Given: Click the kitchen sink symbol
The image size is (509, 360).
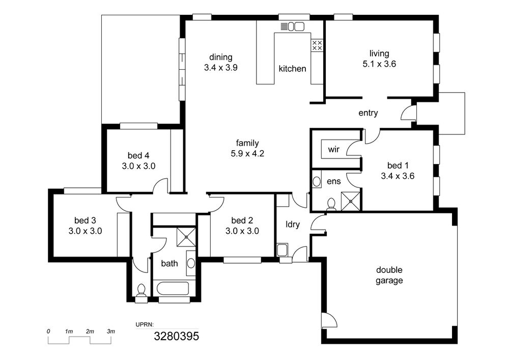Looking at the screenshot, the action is click(293, 26).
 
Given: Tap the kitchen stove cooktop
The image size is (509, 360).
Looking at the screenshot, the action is click(317, 45).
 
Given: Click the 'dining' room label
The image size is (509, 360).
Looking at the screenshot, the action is click(221, 57).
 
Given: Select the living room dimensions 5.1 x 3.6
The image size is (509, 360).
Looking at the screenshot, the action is click(379, 64).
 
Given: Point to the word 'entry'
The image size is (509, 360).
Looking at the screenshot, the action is click(368, 113).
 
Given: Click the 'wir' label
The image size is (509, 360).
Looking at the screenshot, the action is click(334, 149).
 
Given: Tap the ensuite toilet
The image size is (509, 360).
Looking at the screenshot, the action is click(331, 205).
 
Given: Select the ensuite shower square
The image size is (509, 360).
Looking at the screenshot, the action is click(351, 201).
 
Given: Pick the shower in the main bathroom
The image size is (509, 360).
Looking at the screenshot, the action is click(186, 237).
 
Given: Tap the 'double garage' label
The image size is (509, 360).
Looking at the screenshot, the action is click(389, 275).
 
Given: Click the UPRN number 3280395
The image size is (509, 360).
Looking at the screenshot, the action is click(176, 336).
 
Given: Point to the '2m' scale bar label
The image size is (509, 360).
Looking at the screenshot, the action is click(90, 331).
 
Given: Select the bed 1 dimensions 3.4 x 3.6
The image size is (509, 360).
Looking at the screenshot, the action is click(398, 176).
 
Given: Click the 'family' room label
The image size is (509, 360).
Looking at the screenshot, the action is click(247, 143).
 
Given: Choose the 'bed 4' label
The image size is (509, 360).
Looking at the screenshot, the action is click(138, 155).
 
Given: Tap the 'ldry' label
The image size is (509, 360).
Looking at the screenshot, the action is click(293, 225).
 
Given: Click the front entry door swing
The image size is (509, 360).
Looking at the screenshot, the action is click(407, 113).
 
